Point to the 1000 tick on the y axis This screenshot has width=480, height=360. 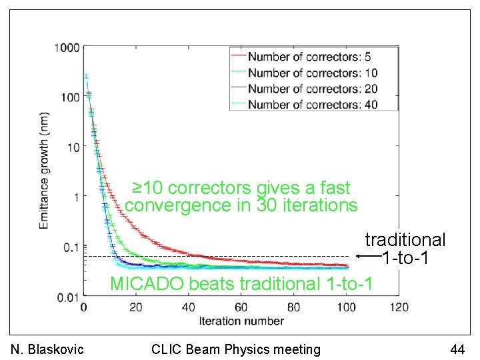click(x=68, y=48)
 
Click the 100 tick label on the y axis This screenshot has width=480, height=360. click(x=70, y=97)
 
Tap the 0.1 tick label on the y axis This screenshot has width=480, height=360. click(x=71, y=247)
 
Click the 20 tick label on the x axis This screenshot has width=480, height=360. click(x=135, y=307)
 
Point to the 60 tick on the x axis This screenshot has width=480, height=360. click(x=241, y=307)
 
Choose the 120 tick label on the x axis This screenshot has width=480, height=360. click(x=398, y=307)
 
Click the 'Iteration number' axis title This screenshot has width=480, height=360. click(x=241, y=321)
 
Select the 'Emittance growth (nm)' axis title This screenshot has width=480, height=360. click(x=44, y=171)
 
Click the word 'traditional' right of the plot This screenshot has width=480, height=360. click(x=405, y=240)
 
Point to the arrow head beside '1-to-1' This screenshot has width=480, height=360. click(x=359, y=256)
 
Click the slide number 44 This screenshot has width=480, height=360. click(x=457, y=349)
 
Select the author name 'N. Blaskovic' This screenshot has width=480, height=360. click(x=48, y=349)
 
